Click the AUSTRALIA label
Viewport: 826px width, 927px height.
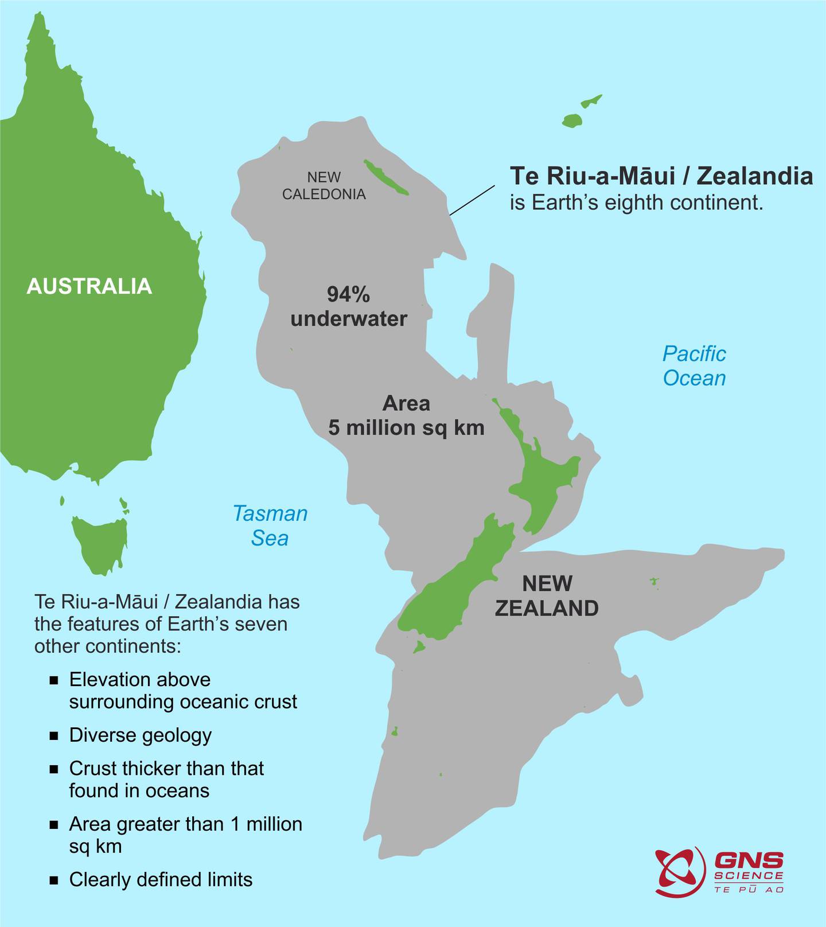89,286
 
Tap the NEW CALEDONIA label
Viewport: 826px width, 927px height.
324,186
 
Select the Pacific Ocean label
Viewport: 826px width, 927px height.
694,366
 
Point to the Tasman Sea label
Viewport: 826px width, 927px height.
270,525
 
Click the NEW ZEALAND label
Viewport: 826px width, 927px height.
547,596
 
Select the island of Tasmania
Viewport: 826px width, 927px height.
100,542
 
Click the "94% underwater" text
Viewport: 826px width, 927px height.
349,307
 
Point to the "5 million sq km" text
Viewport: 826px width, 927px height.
406,428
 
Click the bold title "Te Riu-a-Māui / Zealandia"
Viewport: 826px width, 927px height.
661,176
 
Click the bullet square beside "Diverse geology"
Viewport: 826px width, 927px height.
54,736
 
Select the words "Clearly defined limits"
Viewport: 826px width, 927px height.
161,879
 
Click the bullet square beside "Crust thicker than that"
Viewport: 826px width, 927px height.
54,769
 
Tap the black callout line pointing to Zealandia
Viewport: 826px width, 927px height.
472,200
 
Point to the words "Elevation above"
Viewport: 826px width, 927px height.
140,680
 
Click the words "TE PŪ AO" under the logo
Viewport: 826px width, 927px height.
749,889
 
